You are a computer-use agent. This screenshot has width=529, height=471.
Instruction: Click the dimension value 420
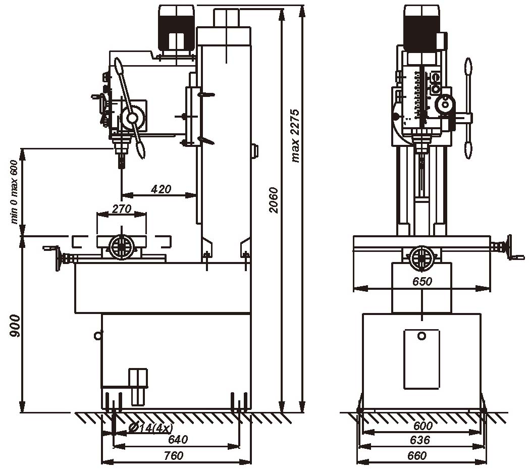(161, 189)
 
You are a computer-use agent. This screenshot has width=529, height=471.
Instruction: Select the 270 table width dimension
(121, 208)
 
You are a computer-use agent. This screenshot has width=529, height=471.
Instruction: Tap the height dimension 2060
(273, 200)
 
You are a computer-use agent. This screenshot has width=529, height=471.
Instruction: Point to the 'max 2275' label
(296, 135)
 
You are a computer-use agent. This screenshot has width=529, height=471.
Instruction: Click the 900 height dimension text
(15, 326)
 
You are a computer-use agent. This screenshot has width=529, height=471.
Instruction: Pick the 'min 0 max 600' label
(14, 191)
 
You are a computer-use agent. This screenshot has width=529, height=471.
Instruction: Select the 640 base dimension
(177, 440)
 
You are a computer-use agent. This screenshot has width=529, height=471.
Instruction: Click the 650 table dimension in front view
(422, 282)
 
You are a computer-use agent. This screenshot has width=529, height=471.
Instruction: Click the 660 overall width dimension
(417, 456)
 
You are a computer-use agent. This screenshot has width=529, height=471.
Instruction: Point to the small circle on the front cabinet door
(421, 336)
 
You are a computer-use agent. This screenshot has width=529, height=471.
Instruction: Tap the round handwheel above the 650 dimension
(420, 257)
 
